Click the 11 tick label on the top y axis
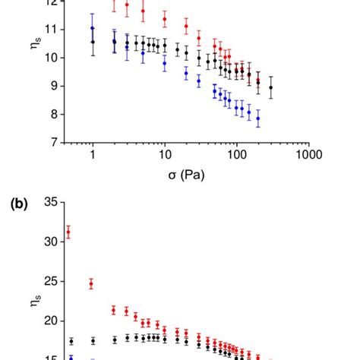click(x=50, y=29)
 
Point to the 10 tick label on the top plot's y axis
click(x=50, y=57)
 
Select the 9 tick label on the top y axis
click(x=53, y=86)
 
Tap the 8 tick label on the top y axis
click(x=53, y=114)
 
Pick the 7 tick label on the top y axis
click(x=53, y=142)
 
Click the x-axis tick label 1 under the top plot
click(x=93, y=154)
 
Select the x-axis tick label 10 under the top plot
click(x=164, y=154)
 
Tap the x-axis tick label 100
click(x=235, y=154)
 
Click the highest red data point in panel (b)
click(x=68, y=233)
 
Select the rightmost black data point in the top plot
click(x=271, y=87)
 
